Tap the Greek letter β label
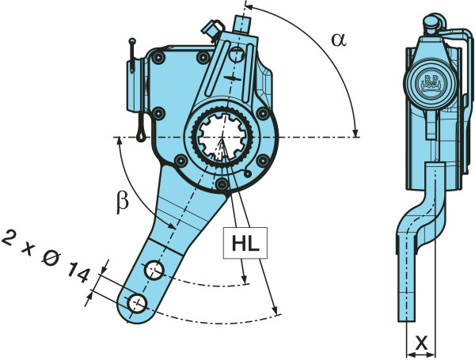pyautogui.click(x=121, y=202)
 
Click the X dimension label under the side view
pyautogui.click(x=422, y=343)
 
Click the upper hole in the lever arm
pyautogui.click(x=154, y=271)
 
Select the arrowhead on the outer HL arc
pyautogui.click(x=274, y=309)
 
